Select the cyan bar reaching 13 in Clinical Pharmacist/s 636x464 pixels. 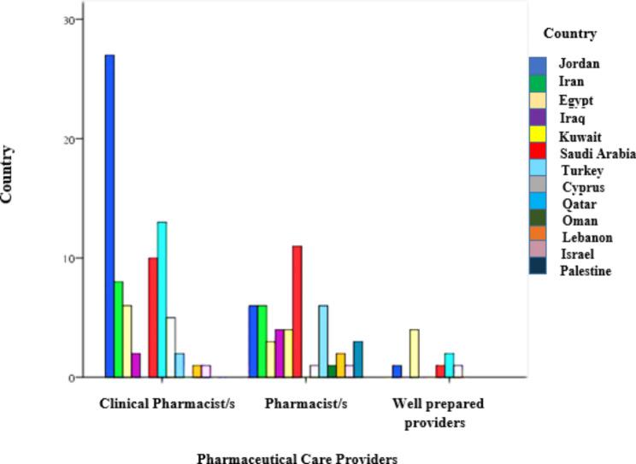162,299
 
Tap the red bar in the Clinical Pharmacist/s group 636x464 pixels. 152,317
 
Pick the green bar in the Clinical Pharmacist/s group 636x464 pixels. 118,329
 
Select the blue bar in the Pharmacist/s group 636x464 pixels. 253,341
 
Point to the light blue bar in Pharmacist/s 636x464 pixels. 322,341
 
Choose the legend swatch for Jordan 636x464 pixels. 538,64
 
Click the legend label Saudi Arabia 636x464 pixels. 598,154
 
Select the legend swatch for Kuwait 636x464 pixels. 538,137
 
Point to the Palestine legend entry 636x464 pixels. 586,271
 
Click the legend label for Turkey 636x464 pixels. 581,171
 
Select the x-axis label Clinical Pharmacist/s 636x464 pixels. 167,402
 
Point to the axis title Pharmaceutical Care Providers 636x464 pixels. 297,457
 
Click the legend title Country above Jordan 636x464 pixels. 569,34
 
